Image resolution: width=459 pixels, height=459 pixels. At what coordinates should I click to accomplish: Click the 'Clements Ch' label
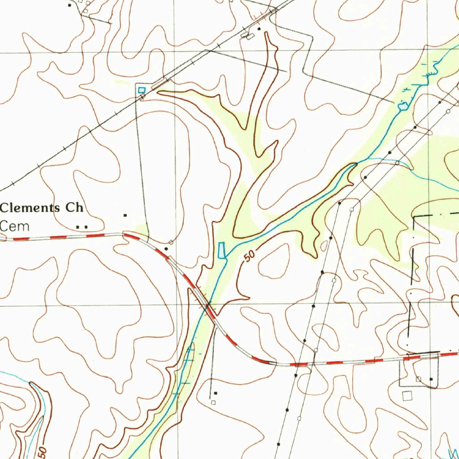[42, 208]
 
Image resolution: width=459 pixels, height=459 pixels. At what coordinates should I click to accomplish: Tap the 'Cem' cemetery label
[15, 225]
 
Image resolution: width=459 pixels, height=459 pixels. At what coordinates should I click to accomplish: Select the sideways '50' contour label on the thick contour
[42, 450]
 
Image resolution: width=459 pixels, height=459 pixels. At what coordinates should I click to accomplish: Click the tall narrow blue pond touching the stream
[221, 250]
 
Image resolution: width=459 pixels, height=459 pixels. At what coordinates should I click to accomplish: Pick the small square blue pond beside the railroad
[142, 90]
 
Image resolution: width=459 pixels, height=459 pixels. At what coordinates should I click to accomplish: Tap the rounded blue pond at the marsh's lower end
[403, 107]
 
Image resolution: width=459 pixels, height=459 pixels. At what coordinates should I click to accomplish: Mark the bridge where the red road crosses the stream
[207, 306]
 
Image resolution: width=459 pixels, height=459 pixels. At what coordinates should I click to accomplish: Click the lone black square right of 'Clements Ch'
[126, 216]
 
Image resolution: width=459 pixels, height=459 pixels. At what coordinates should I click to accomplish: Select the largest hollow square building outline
[407, 395]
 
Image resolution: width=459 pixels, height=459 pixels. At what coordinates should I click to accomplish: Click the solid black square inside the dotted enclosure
[431, 379]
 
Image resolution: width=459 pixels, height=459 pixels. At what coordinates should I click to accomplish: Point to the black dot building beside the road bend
[166, 248]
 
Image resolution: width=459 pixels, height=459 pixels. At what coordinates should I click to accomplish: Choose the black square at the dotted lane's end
[215, 393]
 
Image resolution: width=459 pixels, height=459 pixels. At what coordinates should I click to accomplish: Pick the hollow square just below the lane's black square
[213, 403]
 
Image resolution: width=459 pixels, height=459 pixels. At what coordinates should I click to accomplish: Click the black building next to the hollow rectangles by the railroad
[259, 29]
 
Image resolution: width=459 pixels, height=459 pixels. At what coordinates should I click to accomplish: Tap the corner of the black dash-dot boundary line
[413, 217]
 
